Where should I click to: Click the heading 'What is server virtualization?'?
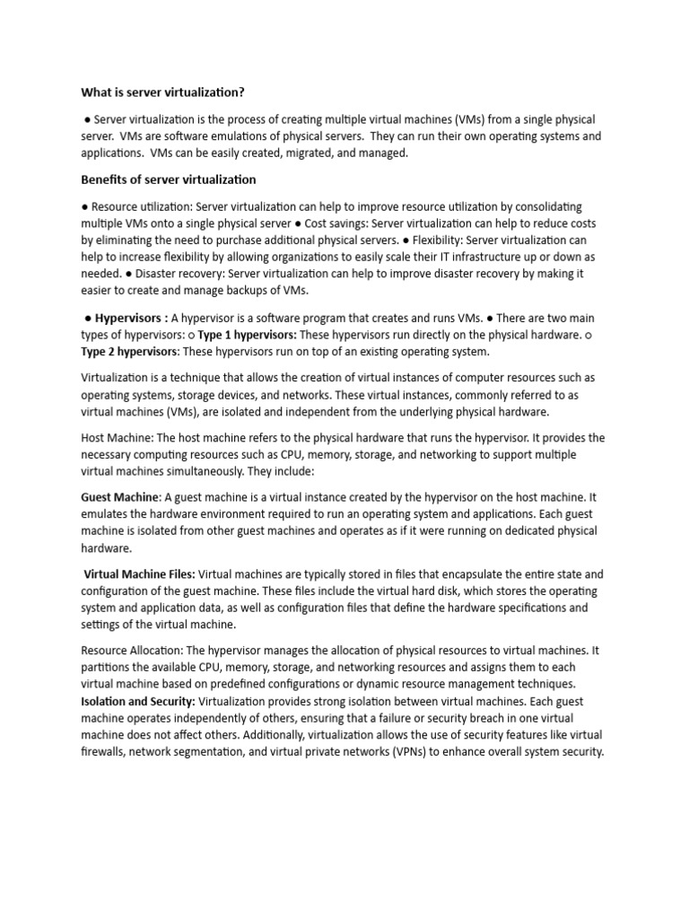click(162, 92)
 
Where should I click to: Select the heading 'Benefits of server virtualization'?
click(168, 179)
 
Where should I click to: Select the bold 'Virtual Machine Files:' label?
click(139, 574)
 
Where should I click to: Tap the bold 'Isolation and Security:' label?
click(138, 703)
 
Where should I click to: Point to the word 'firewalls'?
click(103, 752)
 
